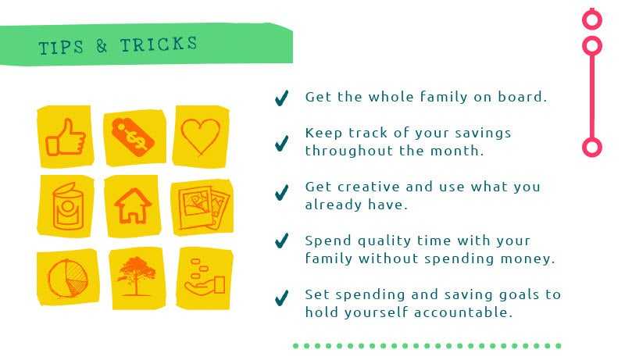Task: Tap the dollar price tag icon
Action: pyautogui.click(x=133, y=137)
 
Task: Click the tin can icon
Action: pyautogui.click(x=68, y=206)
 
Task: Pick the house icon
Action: pyautogui.click(x=133, y=205)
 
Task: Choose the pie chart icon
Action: pyautogui.click(x=67, y=279)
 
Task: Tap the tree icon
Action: pyautogui.click(x=136, y=276)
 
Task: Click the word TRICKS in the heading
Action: pyautogui.click(x=159, y=45)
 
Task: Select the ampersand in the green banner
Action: pyautogui.click(x=102, y=46)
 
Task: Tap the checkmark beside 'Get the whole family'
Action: pyautogui.click(x=282, y=98)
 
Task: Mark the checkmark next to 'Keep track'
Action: pyautogui.click(x=282, y=144)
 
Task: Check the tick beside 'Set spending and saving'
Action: pyautogui.click(x=282, y=298)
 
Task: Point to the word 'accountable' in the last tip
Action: pyautogui.click(x=462, y=312)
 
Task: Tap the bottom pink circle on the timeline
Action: pyautogui.click(x=592, y=148)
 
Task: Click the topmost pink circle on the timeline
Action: pyautogui.click(x=592, y=20)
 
